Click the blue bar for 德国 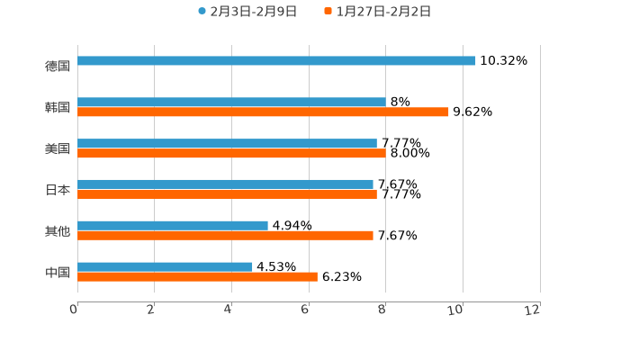276,61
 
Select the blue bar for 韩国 231,103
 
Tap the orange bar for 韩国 263,112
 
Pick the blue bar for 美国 227,143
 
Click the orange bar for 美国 231,154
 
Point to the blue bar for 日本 225,184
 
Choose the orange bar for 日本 227,194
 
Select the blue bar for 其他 173,225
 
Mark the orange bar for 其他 225,236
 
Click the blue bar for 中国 165,266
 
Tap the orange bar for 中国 197,277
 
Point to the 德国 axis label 58,66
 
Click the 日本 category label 58,190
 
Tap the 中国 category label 58,272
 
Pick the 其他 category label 58,231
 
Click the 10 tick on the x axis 456,310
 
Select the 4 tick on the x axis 229,310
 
